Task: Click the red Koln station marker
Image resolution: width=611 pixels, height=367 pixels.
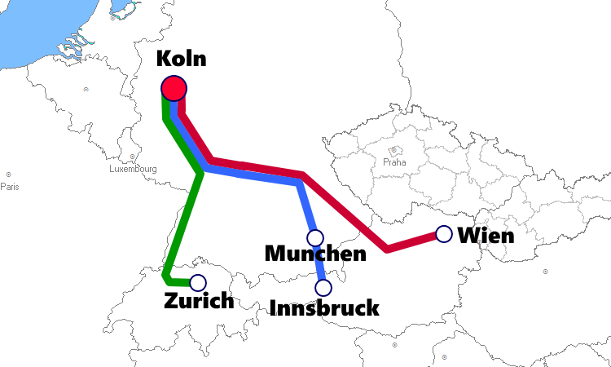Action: [x=174, y=87]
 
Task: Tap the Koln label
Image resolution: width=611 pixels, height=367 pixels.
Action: [x=180, y=59]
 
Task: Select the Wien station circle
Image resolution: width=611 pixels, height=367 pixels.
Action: [x=444, y=234]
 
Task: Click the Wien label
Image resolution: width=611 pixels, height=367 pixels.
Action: [x=486, y=236]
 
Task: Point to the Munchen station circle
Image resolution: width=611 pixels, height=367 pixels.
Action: [x=315, y=237]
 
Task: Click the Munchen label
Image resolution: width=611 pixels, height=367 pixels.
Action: [x=315, y=254]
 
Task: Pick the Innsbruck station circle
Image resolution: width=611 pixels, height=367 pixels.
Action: [x=323, y=287]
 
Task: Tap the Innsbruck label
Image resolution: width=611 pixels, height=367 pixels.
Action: [x=324, y=307]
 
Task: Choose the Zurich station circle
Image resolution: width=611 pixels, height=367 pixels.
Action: [x=197, y=283]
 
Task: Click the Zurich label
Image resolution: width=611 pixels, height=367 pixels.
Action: [x=199, y=301]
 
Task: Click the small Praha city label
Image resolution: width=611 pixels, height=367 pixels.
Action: [x=393, y=162]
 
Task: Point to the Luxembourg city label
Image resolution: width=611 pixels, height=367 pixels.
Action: [x=133, y=169]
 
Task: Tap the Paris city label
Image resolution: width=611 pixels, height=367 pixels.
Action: [x=9, y=186]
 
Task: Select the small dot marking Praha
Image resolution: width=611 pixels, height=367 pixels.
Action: [x=393, y=150]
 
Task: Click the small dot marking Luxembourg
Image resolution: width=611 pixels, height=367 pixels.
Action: [x=132, y=157]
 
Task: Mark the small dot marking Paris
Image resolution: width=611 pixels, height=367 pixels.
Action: [x=8, y=175]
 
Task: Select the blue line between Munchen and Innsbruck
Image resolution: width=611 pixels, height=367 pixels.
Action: [x=319, y=263]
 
